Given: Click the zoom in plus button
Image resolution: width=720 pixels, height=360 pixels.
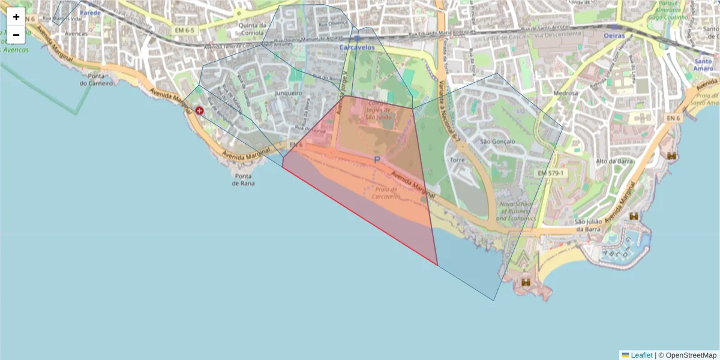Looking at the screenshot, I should pos(16,17).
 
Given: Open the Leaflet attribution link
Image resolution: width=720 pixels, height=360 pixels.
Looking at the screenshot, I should pos(641,355).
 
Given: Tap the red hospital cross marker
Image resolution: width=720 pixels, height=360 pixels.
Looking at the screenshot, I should pos(199,110).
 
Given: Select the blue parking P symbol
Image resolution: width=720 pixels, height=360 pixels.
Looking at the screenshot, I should pos(377,160).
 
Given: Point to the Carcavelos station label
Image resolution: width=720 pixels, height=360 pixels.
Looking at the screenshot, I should pos(357,47).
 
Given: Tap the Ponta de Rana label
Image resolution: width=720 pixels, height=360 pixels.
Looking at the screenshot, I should pos(244,179).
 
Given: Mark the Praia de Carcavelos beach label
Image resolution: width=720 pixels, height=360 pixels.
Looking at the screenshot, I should pos(385,193).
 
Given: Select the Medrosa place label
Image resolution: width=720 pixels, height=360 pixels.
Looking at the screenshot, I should pos(566,94).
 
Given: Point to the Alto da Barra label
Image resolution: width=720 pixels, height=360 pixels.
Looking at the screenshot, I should pos(611,161).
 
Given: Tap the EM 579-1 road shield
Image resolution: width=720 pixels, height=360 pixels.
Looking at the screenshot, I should pos(550,173).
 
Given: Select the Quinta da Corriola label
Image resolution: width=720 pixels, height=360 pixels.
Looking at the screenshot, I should pos(252,29).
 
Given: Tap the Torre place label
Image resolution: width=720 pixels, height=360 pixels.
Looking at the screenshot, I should pos(457,161).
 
